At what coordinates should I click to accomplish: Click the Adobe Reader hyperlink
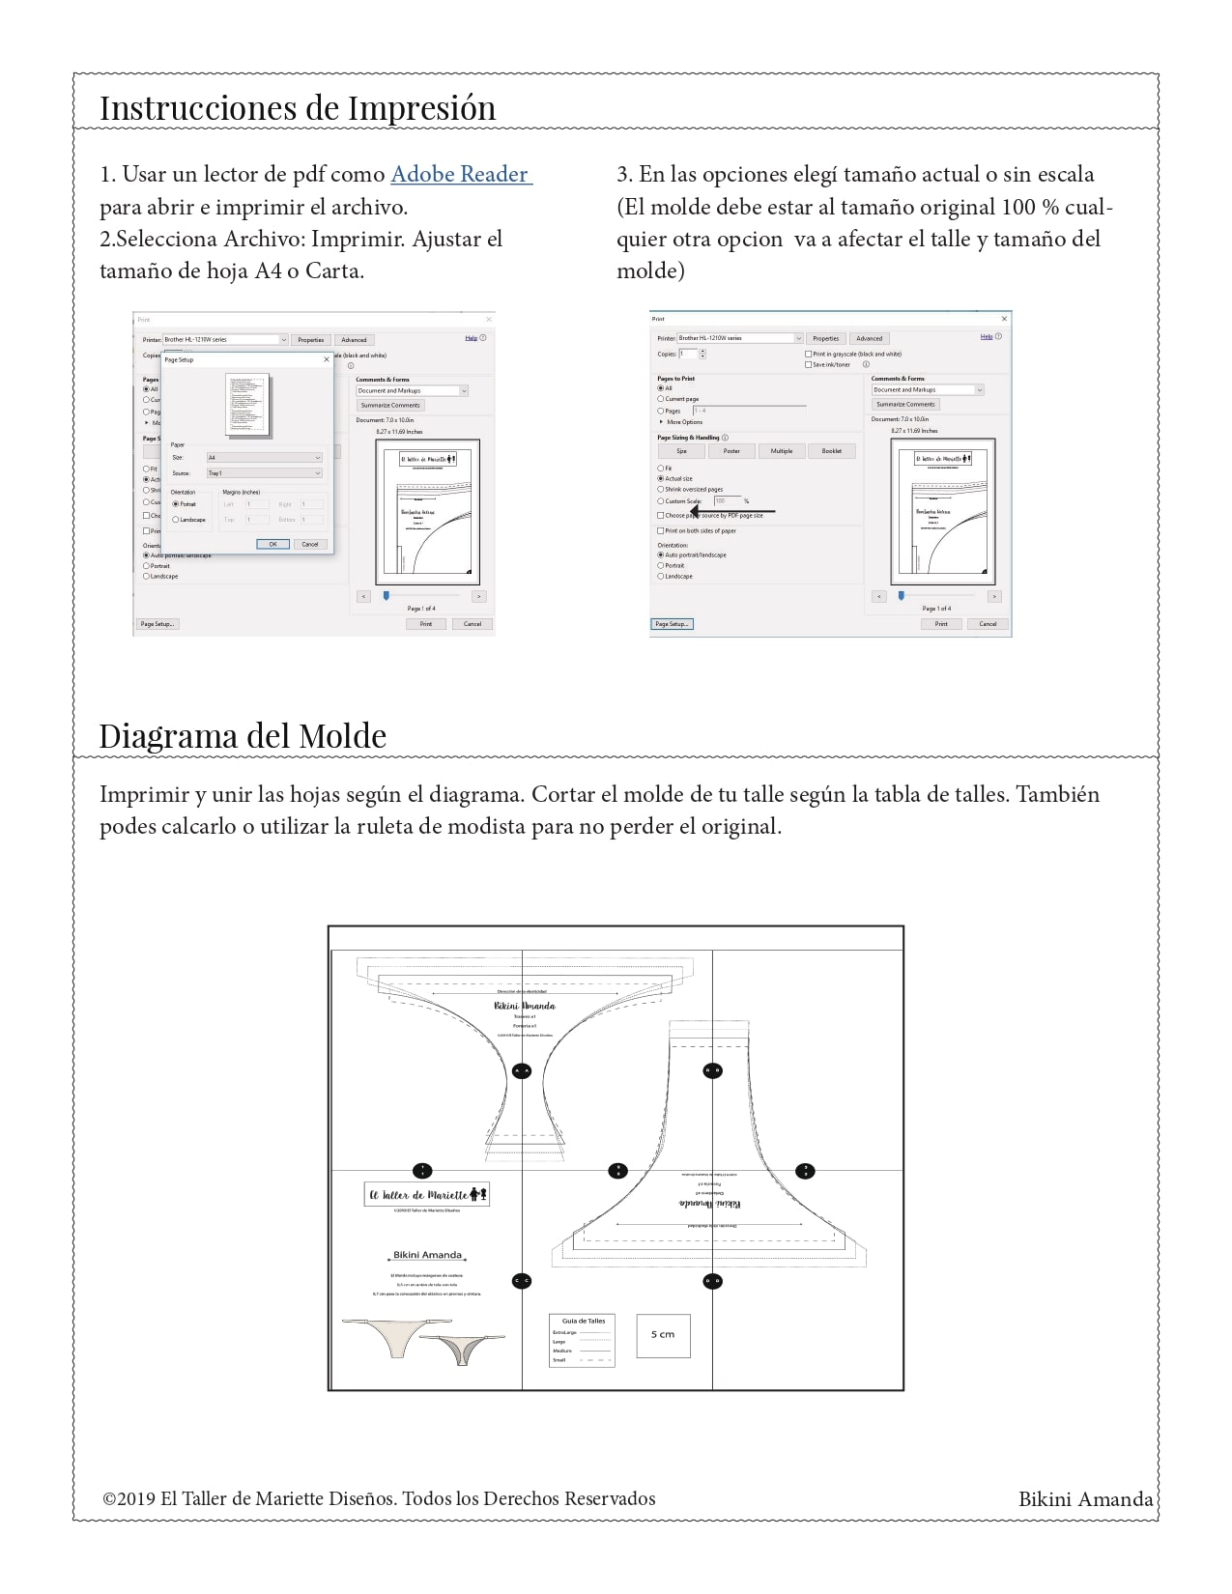coord(460,175)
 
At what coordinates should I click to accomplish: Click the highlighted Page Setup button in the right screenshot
coord(672,624)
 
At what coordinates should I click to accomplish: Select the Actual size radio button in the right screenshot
coord(661,478)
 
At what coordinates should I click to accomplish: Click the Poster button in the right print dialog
coord(731,451)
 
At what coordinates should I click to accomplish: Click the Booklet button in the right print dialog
coord(831,451)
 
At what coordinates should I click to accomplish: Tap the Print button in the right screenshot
coord(940,624)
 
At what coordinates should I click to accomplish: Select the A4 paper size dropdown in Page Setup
coord(264,458)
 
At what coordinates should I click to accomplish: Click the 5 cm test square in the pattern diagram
coord(663,1334)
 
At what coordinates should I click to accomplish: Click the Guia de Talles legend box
coord(583,1340)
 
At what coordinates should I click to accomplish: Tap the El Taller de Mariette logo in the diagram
coord(426,1195)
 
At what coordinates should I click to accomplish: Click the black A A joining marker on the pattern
coord(522,1070)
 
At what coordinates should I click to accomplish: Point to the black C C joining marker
coord(522,1281)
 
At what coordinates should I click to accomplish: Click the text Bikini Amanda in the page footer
coord(1085,1499)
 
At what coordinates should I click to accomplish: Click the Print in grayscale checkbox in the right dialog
coord(808,354)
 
